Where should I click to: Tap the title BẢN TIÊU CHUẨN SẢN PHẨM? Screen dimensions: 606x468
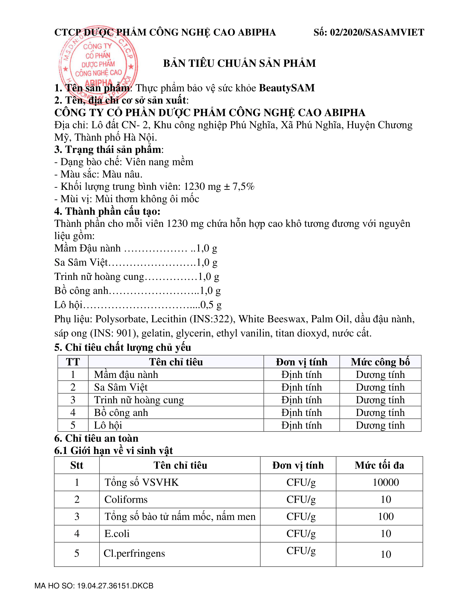239,63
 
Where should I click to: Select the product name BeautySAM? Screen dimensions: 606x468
287,88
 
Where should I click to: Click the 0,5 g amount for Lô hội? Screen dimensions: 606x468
211,305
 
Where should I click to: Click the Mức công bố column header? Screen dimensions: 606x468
380,362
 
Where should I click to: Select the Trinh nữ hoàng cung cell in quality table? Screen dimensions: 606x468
139,400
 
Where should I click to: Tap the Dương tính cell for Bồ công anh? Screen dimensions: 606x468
380,413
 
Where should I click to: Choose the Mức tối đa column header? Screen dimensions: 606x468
379,465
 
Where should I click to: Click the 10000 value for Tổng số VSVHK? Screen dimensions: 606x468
385,482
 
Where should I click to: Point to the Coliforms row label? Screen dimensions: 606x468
126,499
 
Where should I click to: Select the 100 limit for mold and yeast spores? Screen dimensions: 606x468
386,516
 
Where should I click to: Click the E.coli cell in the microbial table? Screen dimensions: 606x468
117,534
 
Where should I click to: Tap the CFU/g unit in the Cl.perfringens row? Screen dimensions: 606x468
301,551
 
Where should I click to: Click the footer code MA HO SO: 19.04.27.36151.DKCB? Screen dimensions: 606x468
94,586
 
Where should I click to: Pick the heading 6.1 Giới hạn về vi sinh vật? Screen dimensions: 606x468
113,451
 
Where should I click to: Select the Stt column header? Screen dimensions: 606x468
77,465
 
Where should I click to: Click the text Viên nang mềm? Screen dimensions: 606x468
159,162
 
